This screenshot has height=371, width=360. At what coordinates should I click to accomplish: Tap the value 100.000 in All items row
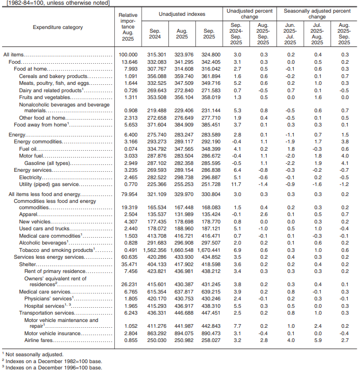coord(128,55)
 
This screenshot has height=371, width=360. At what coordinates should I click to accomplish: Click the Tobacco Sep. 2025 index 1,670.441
coord(209,249)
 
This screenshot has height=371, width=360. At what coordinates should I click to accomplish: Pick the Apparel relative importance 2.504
coord(128,215)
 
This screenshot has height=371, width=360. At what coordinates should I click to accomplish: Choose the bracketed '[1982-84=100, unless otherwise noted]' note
coord(55,3)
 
